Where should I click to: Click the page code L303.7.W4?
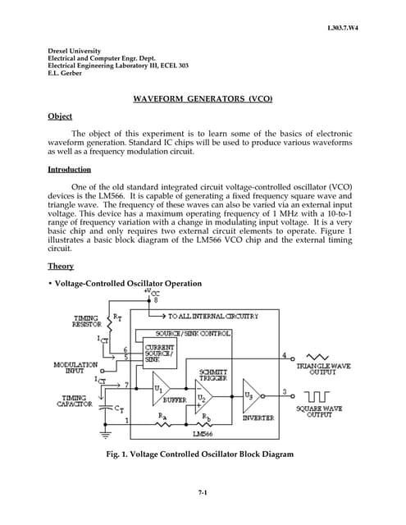coord(343,28)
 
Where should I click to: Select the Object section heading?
coord(60,116)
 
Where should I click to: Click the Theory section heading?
coord(61,266)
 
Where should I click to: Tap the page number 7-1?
coord(203,492)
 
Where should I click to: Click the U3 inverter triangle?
coord(253,393)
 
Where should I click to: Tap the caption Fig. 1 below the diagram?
coord(203,454)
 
